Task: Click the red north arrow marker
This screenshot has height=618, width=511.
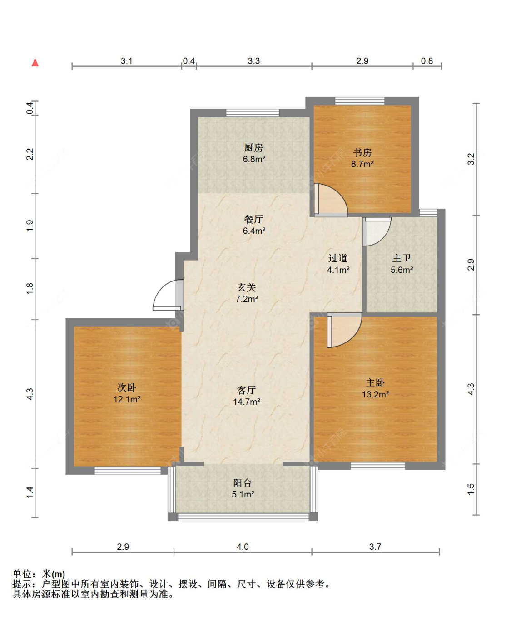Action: pos(35,62)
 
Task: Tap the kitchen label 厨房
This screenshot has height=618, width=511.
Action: pos(253,147)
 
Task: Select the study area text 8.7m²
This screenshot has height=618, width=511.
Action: pos(362,164)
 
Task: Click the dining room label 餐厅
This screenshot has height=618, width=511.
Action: pos(253,219)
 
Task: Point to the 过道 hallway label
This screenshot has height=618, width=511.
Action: pos(337,258)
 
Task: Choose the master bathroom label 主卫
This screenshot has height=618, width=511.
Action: pos(402,258)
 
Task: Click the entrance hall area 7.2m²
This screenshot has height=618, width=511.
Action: pos(247,299)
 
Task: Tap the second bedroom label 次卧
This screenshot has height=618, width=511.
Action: pos(127,387)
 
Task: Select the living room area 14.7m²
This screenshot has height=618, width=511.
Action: pos(247,402)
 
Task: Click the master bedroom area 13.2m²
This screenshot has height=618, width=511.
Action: pos(375,394)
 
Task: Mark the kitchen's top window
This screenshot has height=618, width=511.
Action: pos(253,113)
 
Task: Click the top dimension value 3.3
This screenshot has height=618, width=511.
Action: pos(254,61)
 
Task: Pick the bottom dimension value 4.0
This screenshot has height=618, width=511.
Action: pos(243,547)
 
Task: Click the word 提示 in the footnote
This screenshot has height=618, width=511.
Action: pos(22,584)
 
